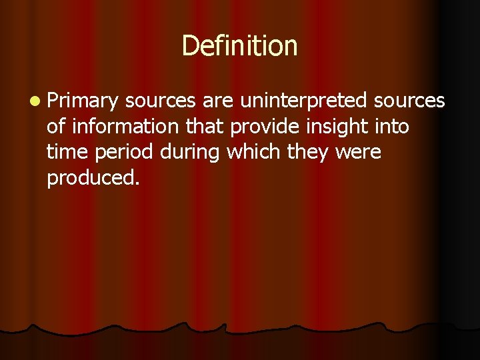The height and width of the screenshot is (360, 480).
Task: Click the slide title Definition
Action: pyautogui.click(x=239, y=46)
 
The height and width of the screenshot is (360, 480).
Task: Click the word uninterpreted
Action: pyautogui.click(x=303, y=101)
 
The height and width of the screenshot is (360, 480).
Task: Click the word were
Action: pyautogui.click(x=358, y=153)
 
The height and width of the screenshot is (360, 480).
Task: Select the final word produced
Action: pyautogui.click(x=93, y=179)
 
